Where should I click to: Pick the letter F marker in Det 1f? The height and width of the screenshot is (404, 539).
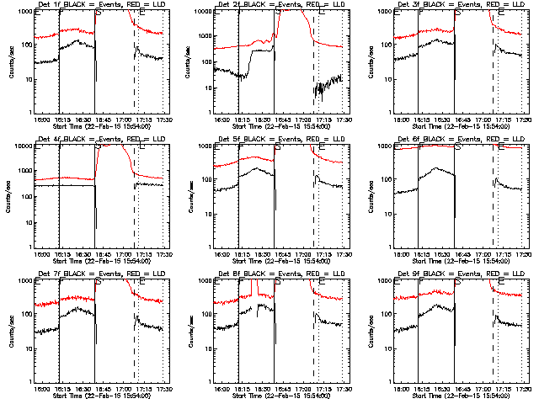[61, 13]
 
